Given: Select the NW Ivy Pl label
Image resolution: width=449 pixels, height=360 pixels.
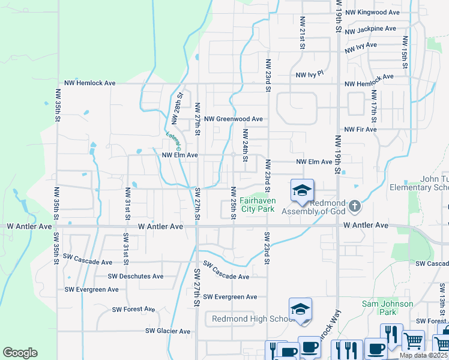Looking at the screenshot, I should (x=310, y=74).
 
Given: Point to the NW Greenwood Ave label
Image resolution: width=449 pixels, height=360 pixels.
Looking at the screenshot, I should (x=234, y=119).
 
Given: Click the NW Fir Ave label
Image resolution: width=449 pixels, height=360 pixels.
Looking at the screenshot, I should (x=360, y=130).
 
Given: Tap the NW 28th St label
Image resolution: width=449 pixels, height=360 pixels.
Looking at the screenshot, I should (x=178, y=104).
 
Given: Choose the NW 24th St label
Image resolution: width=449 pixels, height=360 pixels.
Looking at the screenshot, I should (x=245, y=146).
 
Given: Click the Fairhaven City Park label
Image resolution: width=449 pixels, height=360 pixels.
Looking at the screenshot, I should (x=258, y=205).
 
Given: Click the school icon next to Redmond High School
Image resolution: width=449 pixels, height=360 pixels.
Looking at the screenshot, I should (x=300, y=310).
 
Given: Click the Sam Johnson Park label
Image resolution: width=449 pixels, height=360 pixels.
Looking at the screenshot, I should (x=387, y=308).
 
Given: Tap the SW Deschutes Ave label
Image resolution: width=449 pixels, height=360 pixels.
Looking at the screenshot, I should (x=136, y=277).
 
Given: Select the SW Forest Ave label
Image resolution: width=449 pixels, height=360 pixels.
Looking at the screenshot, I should (x=133, y=310).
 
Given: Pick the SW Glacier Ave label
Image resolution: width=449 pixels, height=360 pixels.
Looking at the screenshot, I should (x=167, y=331).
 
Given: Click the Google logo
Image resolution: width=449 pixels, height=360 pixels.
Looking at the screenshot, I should (x=20, y=353).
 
